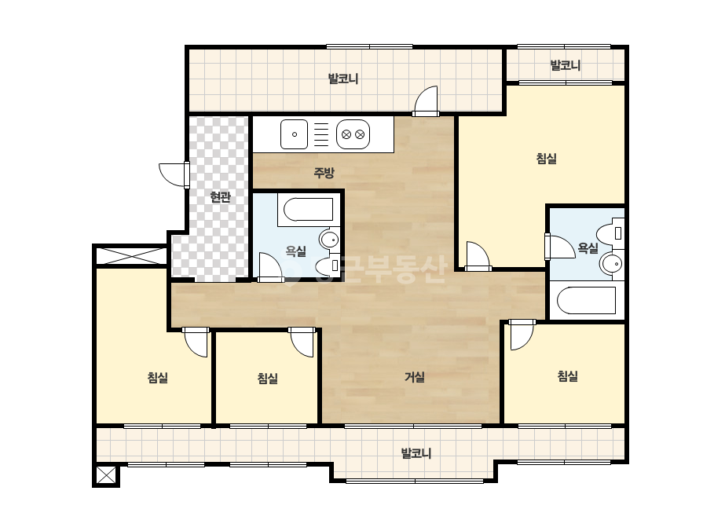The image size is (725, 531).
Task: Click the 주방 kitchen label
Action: point(324,173)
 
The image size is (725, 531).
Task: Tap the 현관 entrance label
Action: point(220,197)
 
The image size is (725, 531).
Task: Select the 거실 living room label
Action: point(415,377)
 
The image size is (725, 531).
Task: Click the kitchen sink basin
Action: point(294,134)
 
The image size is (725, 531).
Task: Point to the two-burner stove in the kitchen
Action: point(353,134)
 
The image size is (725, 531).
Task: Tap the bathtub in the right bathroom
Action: point(586,301)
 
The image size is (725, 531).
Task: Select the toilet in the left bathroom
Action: point(328,265)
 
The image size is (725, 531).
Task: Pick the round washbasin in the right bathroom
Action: point(612,264)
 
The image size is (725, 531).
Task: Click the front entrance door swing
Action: point(174,175)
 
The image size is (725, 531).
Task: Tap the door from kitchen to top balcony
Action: point(426,101)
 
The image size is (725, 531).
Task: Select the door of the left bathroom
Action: point(270,267)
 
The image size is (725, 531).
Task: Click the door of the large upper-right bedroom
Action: point(478,256)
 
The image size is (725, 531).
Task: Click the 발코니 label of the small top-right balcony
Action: point(565,65)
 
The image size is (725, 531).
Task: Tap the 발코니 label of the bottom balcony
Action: point(416,453)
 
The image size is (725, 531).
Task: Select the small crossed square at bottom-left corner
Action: point(106,475)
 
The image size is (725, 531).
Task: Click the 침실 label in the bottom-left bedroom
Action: point(157,378)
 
